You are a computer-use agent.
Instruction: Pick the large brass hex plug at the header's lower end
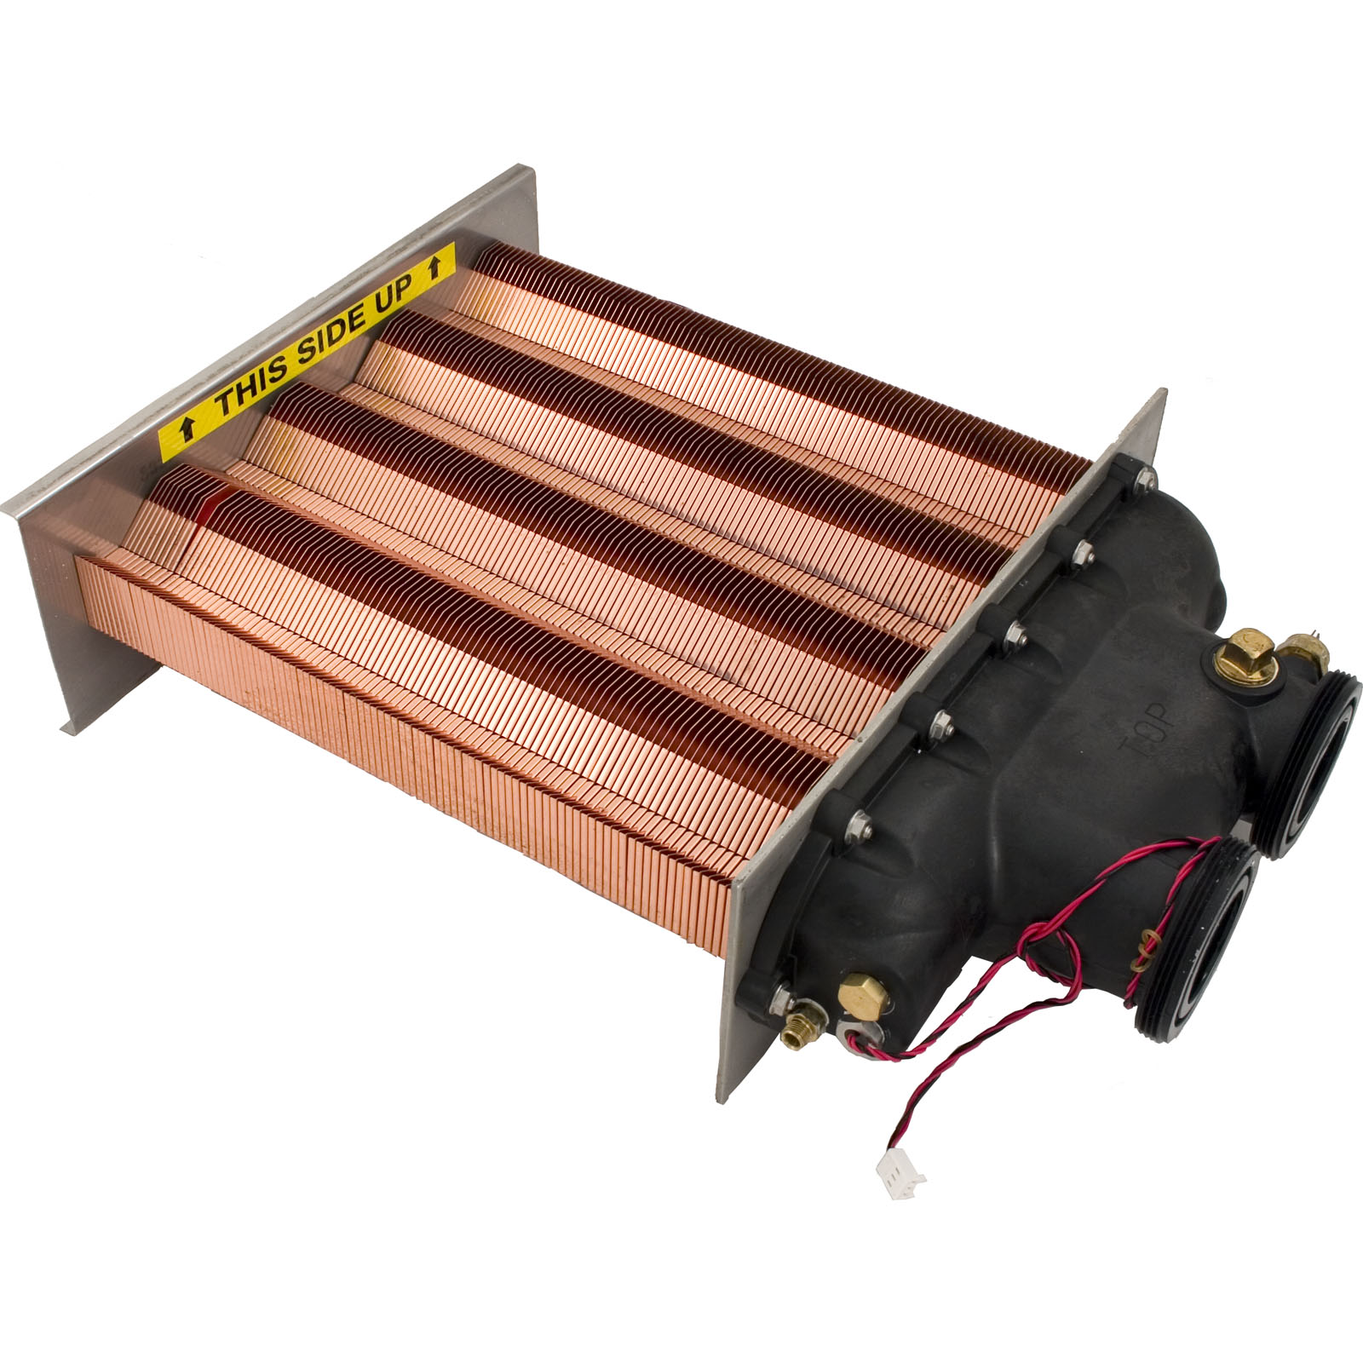click(860, 990)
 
